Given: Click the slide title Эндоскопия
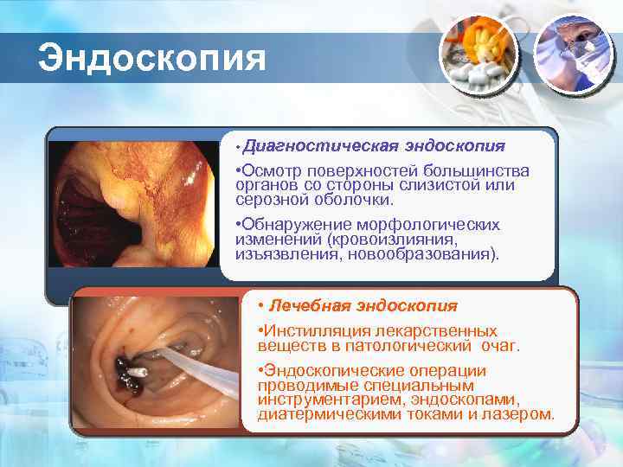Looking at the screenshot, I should [151, 58].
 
